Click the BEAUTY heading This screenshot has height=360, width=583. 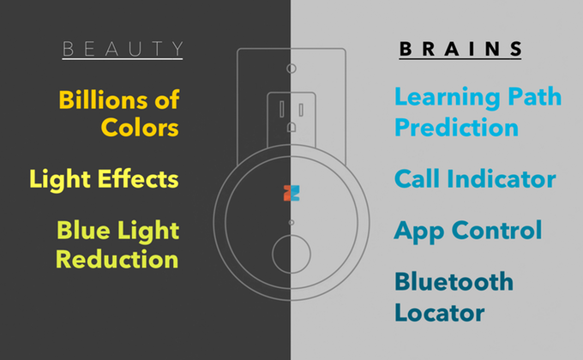[123, 49]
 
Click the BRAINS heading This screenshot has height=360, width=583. [460, 49]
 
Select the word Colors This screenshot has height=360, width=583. [140, 128]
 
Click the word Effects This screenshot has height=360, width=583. [138, 179]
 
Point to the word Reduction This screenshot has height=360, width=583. [117, 259]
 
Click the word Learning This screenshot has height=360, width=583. [447, 98]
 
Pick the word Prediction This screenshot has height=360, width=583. [457, 127]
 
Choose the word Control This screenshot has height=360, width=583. [496, 231]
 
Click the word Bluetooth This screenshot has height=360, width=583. [454, 281]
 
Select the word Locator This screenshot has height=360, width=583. [440, 312]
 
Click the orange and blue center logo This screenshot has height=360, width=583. [291, 193]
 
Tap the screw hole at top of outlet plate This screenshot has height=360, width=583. [291, 69]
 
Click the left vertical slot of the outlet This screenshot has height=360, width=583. [282, 110]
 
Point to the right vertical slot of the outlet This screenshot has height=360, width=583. [301, 110]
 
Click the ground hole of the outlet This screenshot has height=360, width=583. [291, 127]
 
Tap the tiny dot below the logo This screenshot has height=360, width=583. [291, 222]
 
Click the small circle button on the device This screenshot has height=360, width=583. [291, 254]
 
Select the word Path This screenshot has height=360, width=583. [535, 97]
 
